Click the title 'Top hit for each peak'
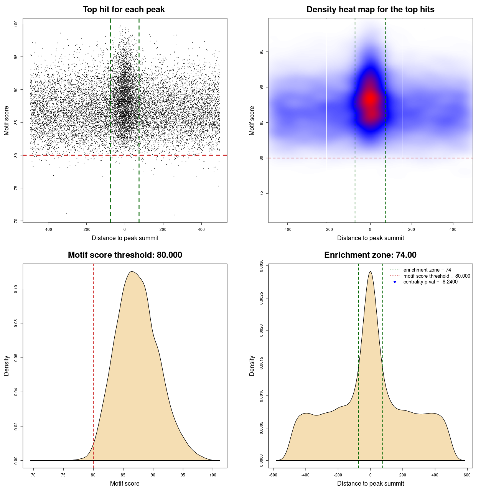click(124, 10)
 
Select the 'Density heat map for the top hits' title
click(370, 10)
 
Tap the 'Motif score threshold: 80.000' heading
click(125, 255)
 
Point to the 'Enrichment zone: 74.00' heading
click(370, 255)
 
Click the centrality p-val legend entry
click(430, 282)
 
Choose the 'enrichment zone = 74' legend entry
click(427, 270)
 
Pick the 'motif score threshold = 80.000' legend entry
click(437, 276)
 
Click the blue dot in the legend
click(395, 282)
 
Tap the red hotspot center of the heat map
click(370, 99)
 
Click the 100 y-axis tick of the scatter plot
click(16, 24)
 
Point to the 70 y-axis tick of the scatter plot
click(16, 221)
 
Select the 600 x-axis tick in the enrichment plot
click(467, 475)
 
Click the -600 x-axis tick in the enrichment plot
click(273, 475)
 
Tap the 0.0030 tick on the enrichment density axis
click(261, 266)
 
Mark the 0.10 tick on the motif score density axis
click(16, 289)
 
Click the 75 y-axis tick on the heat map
click(261, 193)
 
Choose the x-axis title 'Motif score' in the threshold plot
click(125, 483)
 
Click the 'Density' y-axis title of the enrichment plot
click(252, 366)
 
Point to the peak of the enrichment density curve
click(370, 272)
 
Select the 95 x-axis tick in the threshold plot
click(183, 475)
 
